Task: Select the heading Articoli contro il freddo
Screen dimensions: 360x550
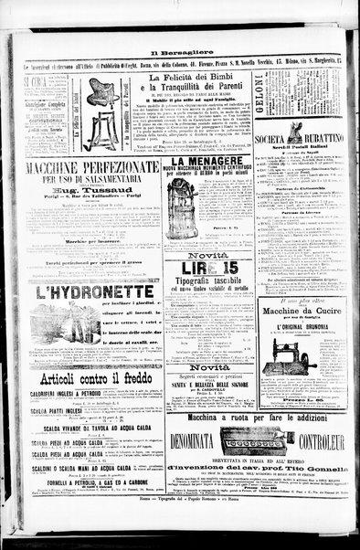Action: coord(91,380)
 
